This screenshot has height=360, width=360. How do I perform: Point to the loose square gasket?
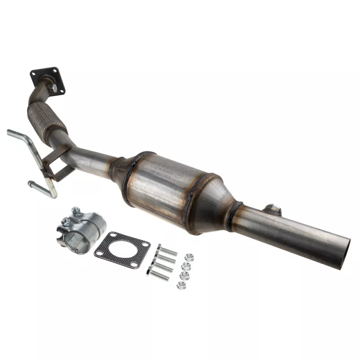click(x=121, y=250)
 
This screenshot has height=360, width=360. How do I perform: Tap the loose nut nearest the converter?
click(x=189, y=257)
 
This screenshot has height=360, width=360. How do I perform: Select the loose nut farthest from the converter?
click(x=181, y=284)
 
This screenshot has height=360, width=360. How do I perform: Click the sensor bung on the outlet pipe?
click(x=272, y=208)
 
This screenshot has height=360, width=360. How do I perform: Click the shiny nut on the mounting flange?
click(x=54, y=89)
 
